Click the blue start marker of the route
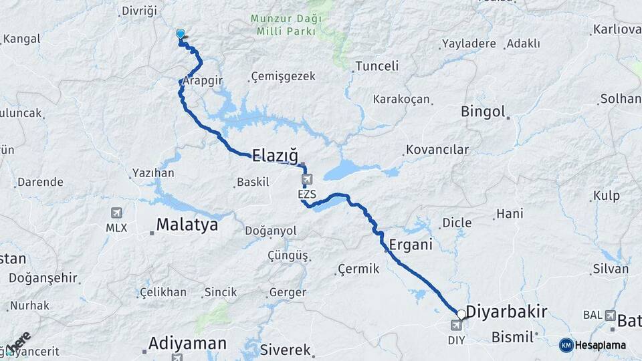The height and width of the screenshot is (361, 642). tap(180, 33)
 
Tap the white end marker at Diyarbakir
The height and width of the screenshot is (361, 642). tap(461, 314)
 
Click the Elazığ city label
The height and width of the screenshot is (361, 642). tap(274, 154)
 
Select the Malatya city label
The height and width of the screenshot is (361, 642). tap(187, 225)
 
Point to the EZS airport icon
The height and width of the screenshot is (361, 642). tap(306, 179)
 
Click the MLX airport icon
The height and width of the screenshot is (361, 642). tap(116, 213)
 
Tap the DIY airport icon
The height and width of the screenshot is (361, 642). tap(456, 326)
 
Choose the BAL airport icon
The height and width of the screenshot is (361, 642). tap(610, 315)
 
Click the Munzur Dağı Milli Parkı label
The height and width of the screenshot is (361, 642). tap(286, 25)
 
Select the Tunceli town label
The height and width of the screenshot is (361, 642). tap(377, 66)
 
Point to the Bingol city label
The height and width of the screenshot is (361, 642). tap(482, 112)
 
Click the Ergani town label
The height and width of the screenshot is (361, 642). tap(410, 245)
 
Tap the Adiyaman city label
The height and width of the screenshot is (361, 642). tap(187, 344)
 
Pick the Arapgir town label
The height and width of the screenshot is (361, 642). tap(203, 80)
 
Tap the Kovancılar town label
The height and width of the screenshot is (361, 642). tap(437, 149)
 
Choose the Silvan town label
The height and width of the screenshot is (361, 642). tap(610, 269)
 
